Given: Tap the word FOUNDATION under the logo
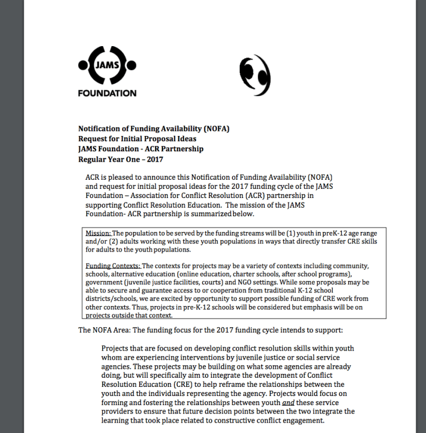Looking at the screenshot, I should tap(107, 93).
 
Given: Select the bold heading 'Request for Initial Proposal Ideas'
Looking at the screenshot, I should tap(137, 139).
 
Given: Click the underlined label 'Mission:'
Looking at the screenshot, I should tap(98, 233).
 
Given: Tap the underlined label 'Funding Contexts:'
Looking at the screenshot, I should tap(112, 266).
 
